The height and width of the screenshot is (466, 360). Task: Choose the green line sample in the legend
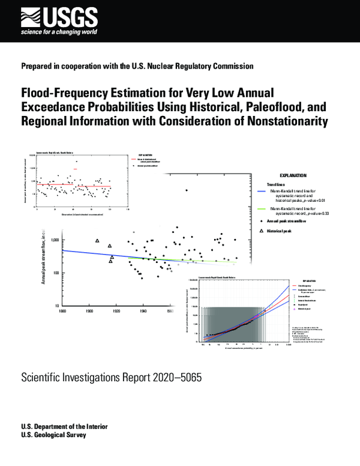(262, 208)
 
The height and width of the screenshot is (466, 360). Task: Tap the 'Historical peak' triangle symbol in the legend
(261, 231)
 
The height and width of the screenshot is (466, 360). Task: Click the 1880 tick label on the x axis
(62, 311)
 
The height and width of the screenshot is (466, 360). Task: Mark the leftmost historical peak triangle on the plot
(97, 241)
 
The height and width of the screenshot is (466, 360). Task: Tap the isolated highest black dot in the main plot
(187, 190)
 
